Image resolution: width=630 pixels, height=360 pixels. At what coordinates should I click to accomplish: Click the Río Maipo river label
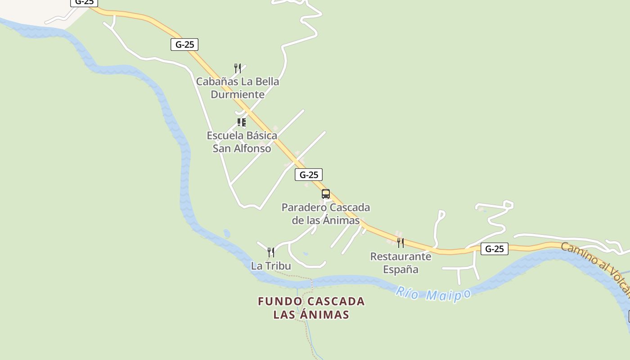(x=433, y=294)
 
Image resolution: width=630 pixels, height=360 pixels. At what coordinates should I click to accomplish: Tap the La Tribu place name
(x=271, y=266)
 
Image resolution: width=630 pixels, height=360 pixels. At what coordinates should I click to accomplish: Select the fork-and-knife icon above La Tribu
(x=271, y=252)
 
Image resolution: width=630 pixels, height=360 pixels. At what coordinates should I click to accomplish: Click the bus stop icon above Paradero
(x=326, y=194)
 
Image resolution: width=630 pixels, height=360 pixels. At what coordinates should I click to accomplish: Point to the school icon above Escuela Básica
(x=242, y=122)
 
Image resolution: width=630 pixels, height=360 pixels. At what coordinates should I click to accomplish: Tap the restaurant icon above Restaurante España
(x=400, y=243)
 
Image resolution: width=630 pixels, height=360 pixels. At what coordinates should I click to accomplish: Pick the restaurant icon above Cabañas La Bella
(x=238, y=68)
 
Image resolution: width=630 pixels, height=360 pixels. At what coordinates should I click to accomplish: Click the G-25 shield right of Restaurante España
(x=494, y=249)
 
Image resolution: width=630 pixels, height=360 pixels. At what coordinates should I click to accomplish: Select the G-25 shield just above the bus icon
(x=309, y=175)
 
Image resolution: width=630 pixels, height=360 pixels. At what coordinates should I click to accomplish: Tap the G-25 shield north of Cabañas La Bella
(x=184, y=45)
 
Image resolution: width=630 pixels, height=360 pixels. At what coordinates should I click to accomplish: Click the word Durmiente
(x=238, y=94)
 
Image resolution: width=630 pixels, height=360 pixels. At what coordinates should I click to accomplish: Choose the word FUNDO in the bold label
(x=274, y=301)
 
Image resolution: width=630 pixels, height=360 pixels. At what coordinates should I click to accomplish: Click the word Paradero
(x=303, y=207)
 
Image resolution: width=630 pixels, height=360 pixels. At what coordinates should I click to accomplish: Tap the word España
(x=400, y=270)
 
